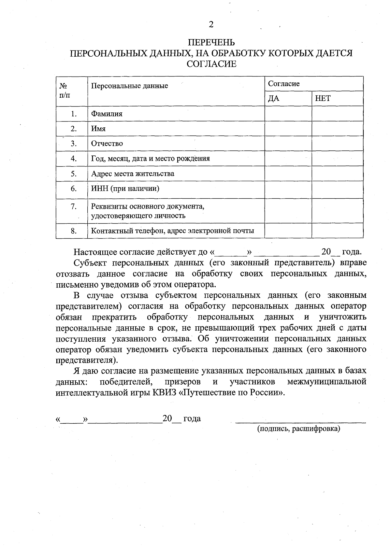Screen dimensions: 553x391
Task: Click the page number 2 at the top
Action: tap(211, 25)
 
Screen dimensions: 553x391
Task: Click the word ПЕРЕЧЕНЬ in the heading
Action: tap(211, 43)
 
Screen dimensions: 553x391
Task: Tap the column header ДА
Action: tap(274, 99)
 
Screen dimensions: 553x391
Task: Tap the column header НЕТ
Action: tap(323, 99)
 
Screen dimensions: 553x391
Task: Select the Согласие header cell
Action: tap(284, 84)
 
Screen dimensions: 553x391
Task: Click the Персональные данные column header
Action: tap(129, 86)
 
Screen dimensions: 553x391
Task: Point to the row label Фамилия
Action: tap(107, 114)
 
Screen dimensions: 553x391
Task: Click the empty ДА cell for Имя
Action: tap(288, 129)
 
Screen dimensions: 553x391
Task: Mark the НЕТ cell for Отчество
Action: tap(337, 144)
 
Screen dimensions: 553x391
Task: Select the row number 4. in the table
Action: tap(74, 159)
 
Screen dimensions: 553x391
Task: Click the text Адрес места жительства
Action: tap(133, 174)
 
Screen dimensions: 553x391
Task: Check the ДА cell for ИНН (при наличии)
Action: tap(288, 189)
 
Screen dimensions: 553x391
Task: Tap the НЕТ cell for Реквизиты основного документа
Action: tap(337, 211)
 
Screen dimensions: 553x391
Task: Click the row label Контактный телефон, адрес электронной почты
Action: tap(172, 231)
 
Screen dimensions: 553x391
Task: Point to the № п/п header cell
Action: tap(64, 91)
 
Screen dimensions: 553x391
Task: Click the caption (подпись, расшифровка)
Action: tap(299, 429)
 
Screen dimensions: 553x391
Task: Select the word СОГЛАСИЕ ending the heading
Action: tap(211, 64)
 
